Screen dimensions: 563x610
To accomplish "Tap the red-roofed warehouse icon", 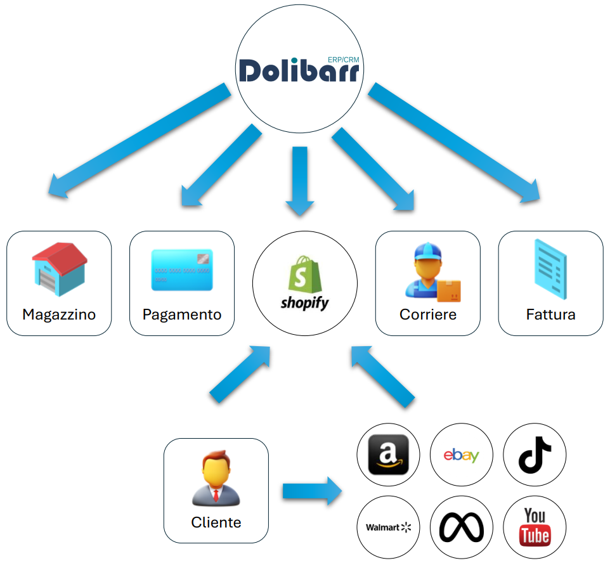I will pos(59,268).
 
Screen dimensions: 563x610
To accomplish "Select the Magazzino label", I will pos(59,314).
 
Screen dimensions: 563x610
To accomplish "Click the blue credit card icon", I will pos(181,270).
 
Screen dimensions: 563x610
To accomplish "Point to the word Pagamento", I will pos(182,314).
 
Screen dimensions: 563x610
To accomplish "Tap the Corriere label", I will pos(428,314).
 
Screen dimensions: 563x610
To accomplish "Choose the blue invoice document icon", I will pos(550,269).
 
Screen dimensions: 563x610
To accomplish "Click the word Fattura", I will pos(550,314).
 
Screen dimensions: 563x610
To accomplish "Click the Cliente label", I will pos(216,522).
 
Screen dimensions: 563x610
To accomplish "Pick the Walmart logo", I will pos(389,527).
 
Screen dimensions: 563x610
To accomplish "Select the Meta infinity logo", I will pos(461,527).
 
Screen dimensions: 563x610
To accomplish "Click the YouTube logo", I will pos(534,527).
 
